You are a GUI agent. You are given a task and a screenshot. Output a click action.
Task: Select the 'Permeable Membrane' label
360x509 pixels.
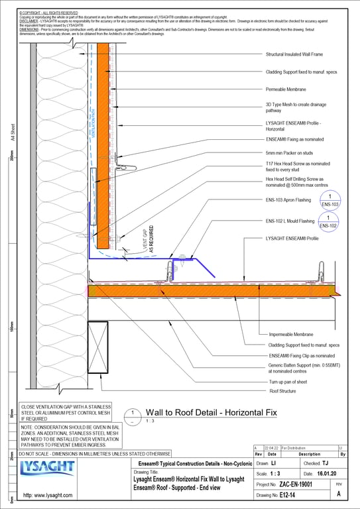click(x=285, y=88)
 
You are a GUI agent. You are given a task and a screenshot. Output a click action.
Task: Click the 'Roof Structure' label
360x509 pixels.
click(x=282, y=392)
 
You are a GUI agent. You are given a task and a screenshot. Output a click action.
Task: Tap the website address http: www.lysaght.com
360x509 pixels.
click(x=52, y=495)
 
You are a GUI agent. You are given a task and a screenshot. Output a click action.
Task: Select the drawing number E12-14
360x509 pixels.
click(x=290, y=495)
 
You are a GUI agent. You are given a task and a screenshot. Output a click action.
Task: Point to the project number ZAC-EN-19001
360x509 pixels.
click(x=298, y=484)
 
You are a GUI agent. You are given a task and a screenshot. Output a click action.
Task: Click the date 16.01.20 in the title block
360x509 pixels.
click(x=323, y=474)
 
